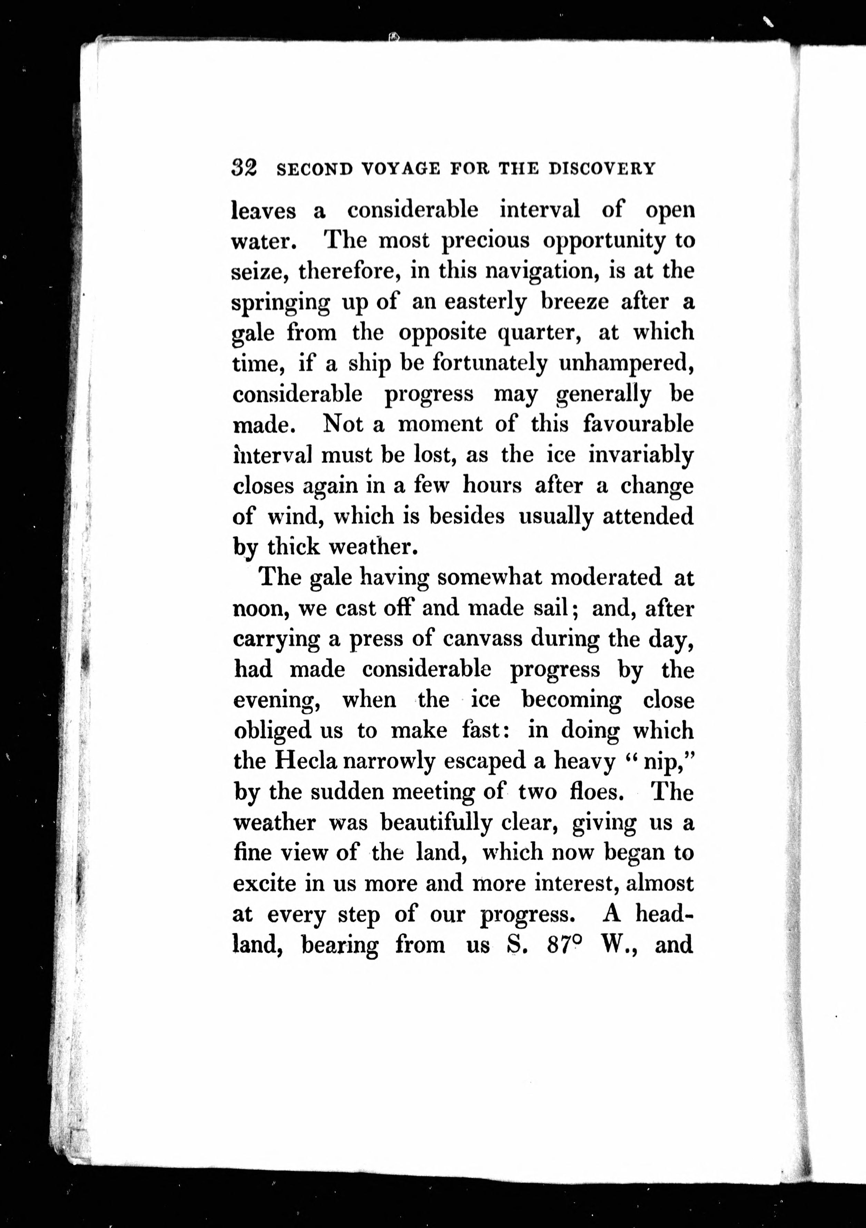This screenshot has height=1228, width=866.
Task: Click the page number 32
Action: point(244,168)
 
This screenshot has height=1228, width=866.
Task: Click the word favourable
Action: point(638,425)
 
